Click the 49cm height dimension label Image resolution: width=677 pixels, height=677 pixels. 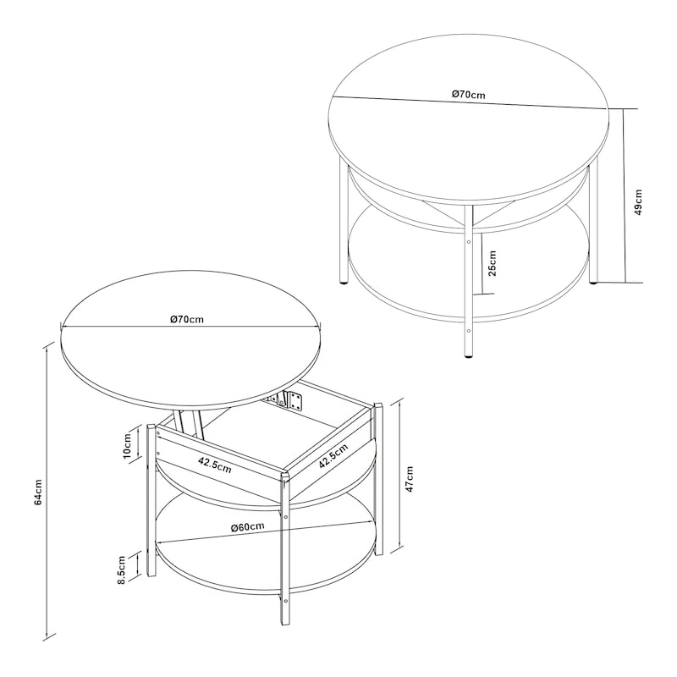click(639, 201)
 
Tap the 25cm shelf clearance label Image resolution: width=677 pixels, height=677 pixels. click(492, 263)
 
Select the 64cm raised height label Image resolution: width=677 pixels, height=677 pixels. click(38, 493)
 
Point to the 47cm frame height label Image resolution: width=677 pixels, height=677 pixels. click(410, 479)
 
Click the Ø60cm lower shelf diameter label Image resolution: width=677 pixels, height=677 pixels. click(247, 526)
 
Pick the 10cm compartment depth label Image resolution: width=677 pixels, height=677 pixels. click(127, 446)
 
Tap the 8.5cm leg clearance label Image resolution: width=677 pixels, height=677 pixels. click(121, 570)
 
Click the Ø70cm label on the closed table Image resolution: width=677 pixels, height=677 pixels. click(469, 94)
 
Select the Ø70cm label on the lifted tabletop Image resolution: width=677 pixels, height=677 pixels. click(186, 319)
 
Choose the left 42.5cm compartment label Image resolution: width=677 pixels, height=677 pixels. click(215, 465)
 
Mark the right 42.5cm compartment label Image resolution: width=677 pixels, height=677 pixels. click(333, 456)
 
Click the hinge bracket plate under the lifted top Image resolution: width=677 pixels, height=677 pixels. click(295, 400)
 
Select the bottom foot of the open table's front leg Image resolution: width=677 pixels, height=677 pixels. click(285, 622)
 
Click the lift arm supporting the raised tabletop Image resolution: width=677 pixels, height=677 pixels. click(188, 423)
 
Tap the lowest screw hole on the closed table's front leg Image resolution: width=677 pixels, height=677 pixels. click(469, 331)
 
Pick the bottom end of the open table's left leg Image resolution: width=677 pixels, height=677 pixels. click(151, 575)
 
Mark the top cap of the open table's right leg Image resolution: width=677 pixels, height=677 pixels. click(378, 406)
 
